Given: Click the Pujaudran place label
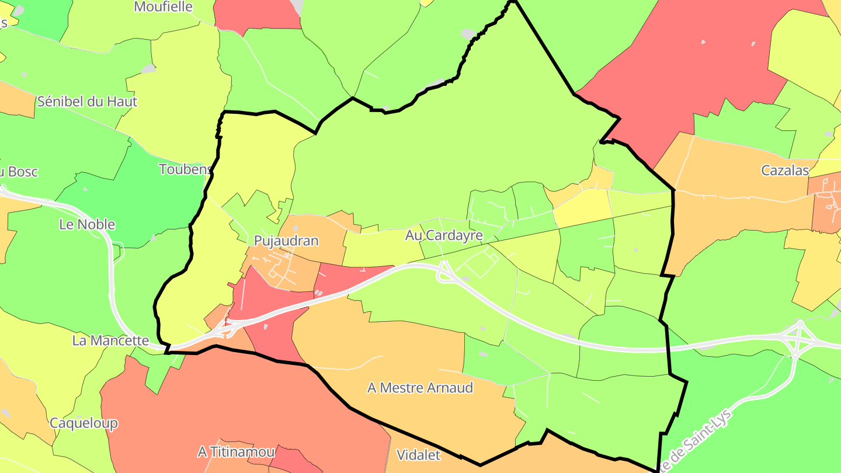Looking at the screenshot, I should click(286, 241).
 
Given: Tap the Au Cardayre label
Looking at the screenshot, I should click(444, 235).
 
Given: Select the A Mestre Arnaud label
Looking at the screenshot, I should click(420, 388).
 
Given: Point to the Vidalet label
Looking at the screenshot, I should click(418, 455).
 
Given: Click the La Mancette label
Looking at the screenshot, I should click(110, 340).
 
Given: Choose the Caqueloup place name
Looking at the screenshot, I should click(84, 423).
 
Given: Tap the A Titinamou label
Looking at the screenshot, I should click(236, 452).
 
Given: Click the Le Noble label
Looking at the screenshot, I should click(87, 224).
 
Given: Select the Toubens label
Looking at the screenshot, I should click(185, 169).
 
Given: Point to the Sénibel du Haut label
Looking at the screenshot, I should click(87, 102).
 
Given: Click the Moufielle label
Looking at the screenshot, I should click(163, 7).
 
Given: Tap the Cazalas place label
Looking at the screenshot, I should click(785, 171).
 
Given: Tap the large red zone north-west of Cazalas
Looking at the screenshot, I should click(689, 64).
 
